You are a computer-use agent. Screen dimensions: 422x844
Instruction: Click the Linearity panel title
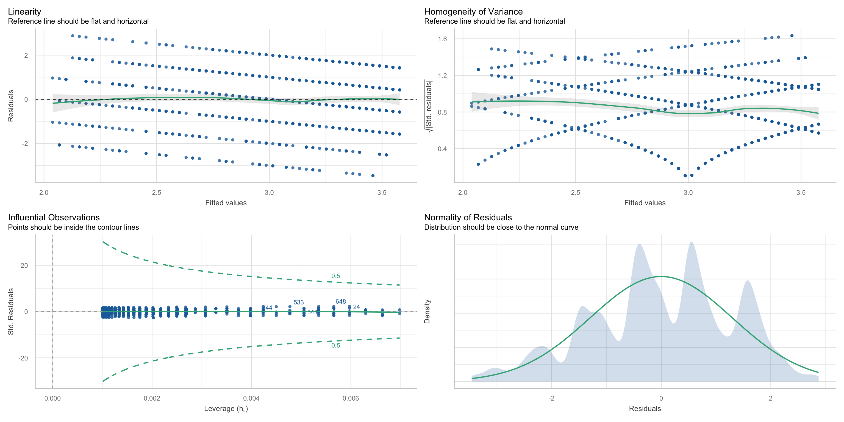[24, 12]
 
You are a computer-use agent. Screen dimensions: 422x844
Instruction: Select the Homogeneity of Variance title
[473, 12]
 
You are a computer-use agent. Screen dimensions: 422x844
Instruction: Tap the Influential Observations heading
[54, 218]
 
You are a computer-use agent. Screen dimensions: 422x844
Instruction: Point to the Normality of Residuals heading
[468, 218]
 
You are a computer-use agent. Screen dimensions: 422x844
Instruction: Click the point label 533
[298, 302]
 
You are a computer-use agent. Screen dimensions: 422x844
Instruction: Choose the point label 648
[341, 301]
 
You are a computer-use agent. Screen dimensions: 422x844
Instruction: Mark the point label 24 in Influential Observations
[356, 307]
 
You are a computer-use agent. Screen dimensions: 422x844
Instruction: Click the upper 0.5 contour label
[335, 276]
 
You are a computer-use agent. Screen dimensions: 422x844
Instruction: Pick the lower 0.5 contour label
[335, 346]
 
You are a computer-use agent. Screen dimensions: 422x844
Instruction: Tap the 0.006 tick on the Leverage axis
[351, 398]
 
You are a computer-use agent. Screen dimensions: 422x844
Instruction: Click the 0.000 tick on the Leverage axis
[52, 398]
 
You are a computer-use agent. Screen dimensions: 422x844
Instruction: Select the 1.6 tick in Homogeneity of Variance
[442, 39]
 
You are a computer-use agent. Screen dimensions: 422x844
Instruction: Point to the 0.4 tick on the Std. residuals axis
[442, 149]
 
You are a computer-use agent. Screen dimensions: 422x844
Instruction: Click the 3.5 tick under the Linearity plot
[382, 193]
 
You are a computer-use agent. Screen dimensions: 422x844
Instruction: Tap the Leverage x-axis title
[226, 409]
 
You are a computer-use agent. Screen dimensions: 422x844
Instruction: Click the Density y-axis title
[427, 311]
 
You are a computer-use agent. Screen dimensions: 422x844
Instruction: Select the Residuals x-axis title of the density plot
[645, 409]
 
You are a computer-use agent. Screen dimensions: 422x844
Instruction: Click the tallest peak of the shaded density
[691, 242]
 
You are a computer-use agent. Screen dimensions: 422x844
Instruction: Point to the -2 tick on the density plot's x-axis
[551, 398]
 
